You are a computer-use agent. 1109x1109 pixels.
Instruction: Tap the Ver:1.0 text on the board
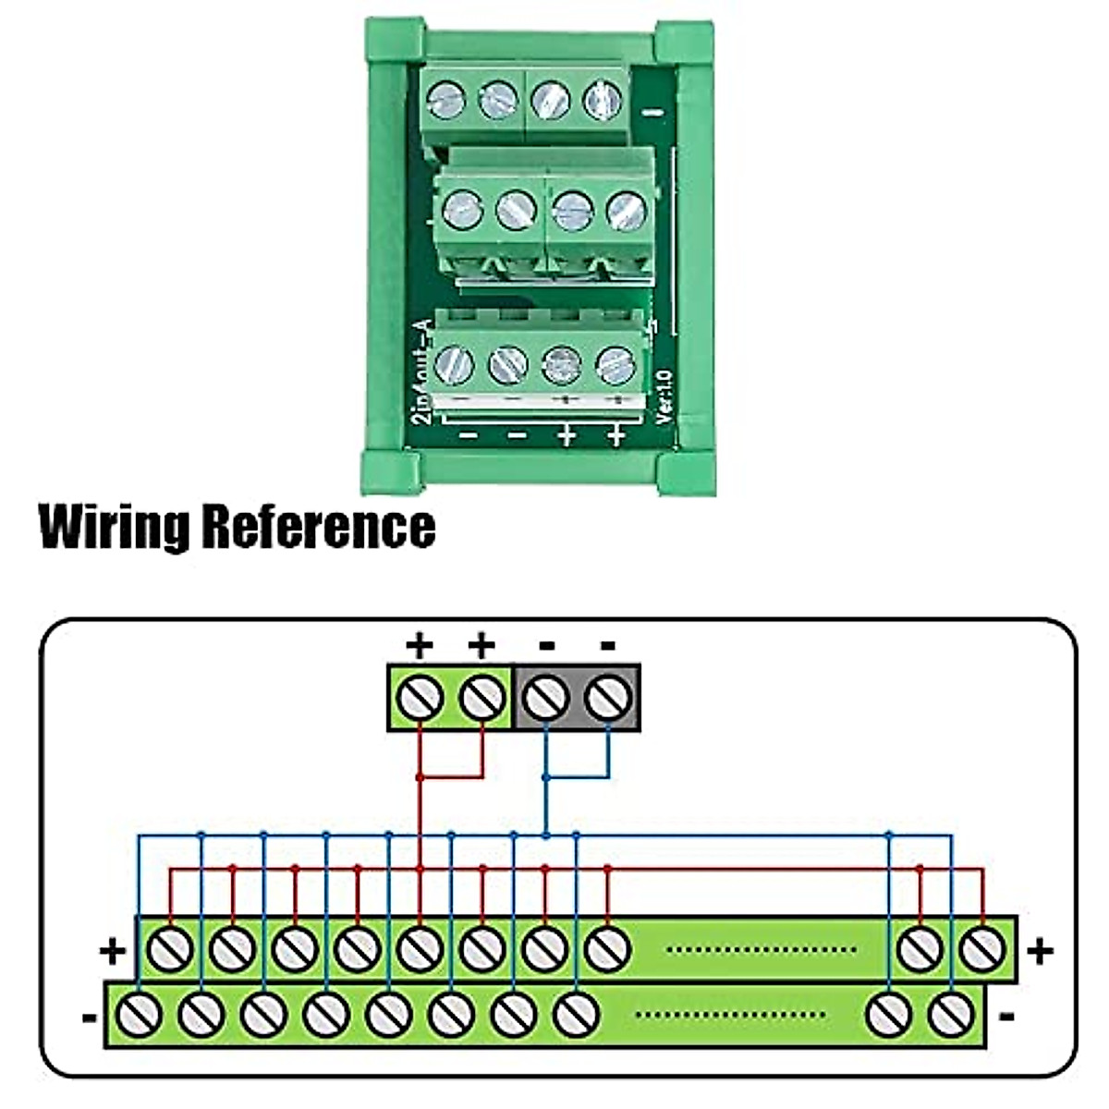coord(664,396)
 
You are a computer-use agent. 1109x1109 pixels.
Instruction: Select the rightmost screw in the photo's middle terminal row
coord(627,211)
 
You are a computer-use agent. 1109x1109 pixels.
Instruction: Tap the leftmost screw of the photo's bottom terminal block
coord(454,363)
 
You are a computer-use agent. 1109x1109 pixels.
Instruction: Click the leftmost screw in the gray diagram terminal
coord(547,698)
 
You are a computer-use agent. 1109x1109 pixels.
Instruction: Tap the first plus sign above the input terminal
coord(420,645)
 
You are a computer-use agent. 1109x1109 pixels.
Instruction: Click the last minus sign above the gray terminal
coord(607,645)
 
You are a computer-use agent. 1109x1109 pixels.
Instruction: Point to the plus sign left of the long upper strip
coord(113,951)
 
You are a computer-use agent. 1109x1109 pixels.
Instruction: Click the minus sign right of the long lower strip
coord(1007,1017)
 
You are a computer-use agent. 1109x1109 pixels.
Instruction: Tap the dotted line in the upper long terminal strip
coord(760,949)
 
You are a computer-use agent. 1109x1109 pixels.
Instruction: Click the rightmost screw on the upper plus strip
coord(982,948)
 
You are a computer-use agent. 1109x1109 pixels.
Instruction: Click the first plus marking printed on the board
coord(566,435)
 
